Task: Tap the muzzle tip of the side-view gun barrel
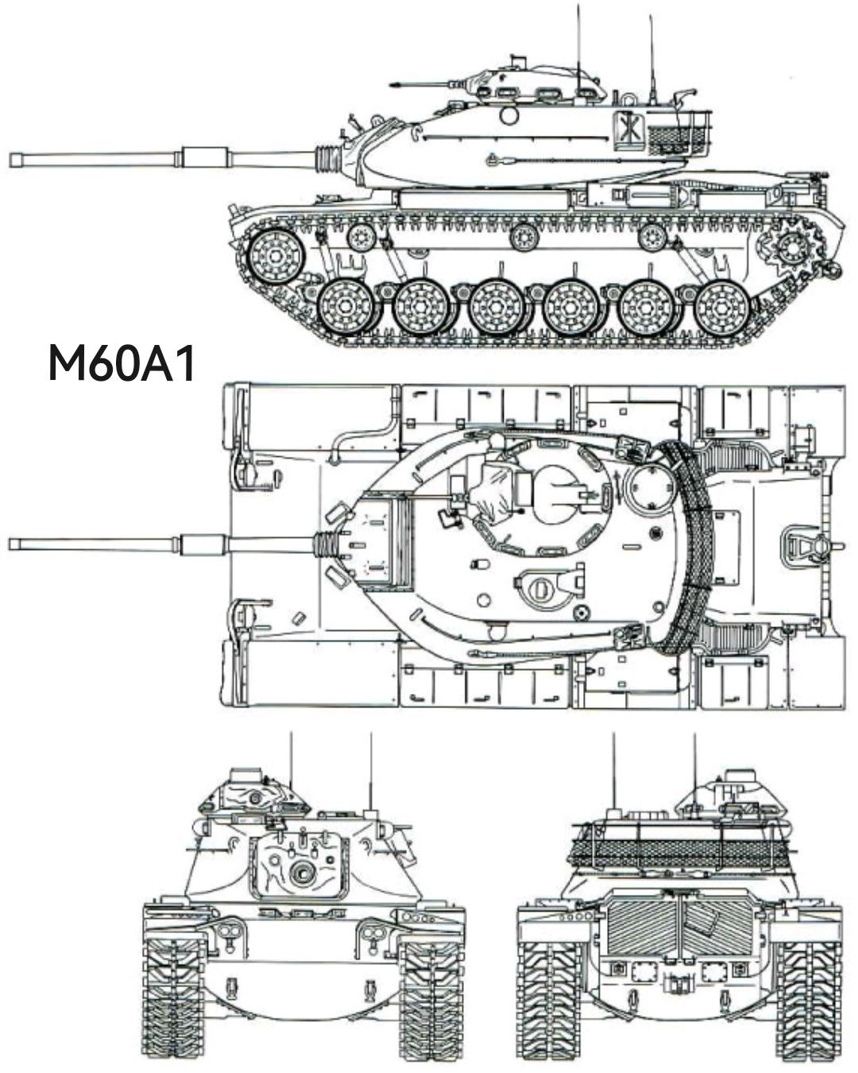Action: click(x=10, y=160)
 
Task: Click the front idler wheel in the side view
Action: click(x=275, y=256)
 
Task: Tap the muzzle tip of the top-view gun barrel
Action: click(x=10, y=544)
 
